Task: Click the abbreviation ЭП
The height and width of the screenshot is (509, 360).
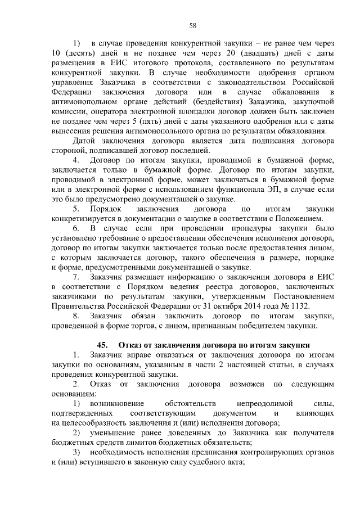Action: coord(267,189)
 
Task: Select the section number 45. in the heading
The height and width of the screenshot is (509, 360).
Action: coord(104,345)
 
